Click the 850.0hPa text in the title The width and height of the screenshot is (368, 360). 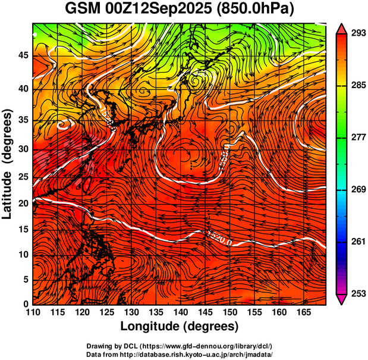click(x=257, y=10)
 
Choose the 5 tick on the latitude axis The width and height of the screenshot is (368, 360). click(x=24, y=280)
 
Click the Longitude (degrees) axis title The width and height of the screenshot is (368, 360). click(x=180, y=326)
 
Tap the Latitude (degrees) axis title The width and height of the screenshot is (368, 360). click(x=8, y=164)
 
